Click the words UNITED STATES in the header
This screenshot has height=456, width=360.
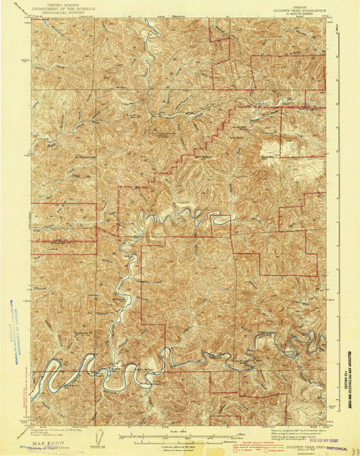click(65, 5)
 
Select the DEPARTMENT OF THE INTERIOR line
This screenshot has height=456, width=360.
click(65, 8)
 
